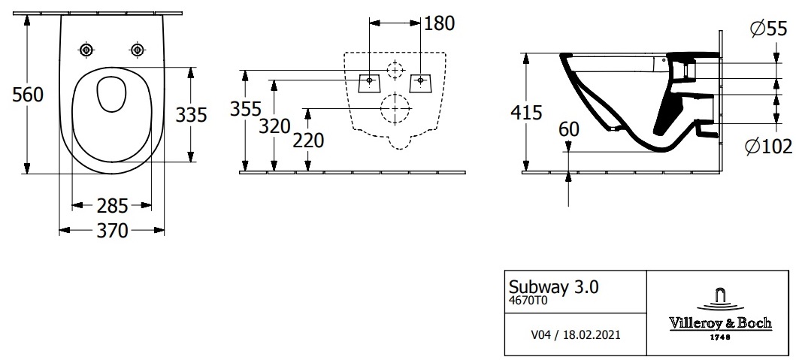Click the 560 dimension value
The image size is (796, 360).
click(x=28, y=95)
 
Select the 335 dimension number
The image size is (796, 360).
click(x=192, y=115)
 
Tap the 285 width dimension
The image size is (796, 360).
click(x=112, y=206)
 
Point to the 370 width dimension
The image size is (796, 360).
click(x=112, y=231)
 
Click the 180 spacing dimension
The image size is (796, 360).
click(x=439, y=23)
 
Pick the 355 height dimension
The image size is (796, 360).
click(x=247, y=109)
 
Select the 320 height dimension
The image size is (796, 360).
click(x=274, y=126)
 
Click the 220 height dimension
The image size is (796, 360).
click(x=308, y=141)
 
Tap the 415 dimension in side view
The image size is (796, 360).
click(x=527, y=112)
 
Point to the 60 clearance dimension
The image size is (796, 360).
click(x=568, y=129)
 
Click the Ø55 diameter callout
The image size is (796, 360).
click(x=769, y=29)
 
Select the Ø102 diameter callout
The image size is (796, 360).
click(x=769, y=147)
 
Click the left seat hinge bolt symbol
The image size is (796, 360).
click(x=87, y=50)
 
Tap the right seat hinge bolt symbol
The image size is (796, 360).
click(x=137, y=50)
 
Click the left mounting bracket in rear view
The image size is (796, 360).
click(x=370, y=83)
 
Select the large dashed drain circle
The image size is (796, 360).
click(x=395, y=108)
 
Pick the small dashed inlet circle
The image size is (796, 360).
click(x=395, y=70)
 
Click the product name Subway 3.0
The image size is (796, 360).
click(x=554, y=287)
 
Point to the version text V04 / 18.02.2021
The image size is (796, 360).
click(x=575, y=335)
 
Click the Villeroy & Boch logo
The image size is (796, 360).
click(x=720, y=314)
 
